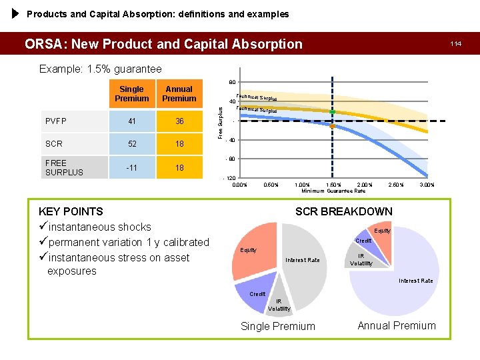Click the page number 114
pyautogui.click(x=455, y=43)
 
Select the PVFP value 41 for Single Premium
pyautogui.click(x=131, y=121)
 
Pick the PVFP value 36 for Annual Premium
pyautogui.click(x=179, y=121)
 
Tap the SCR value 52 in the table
pyautogui.click(x=131, y=144)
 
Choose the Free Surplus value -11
pyautogui.click(x=131, y=167)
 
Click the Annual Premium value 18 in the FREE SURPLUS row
pyautogui.click(x=179, y=167)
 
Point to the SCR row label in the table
pyautogui.click(x=53, y=144)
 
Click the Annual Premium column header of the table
pyautogui.click(x=179, y=94)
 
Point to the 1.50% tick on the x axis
pyautogui.click(x=333, y=184)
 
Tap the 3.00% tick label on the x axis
pyautogui.click(x=426, y=184)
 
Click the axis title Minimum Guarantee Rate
pyautogui.click(x=333, y=191)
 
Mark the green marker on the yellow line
pyautogui.click(x=333, y=111)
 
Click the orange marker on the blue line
pyautogui.click(x=333, y=125)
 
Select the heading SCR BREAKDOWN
pyautogui.click(x=343, y=211)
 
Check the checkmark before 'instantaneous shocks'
pyautogui.click(x=44, y=227)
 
